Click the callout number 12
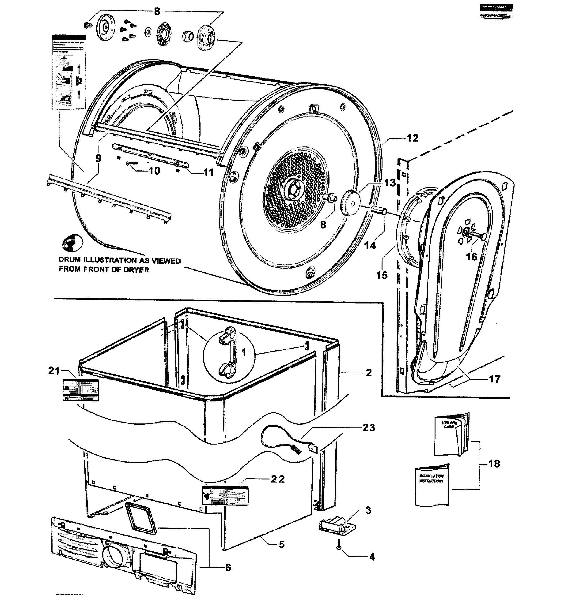(412, 138)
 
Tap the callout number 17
(495, 379)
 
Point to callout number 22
(277, 479)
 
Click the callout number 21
(54, 370)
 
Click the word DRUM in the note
(69, 260)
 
